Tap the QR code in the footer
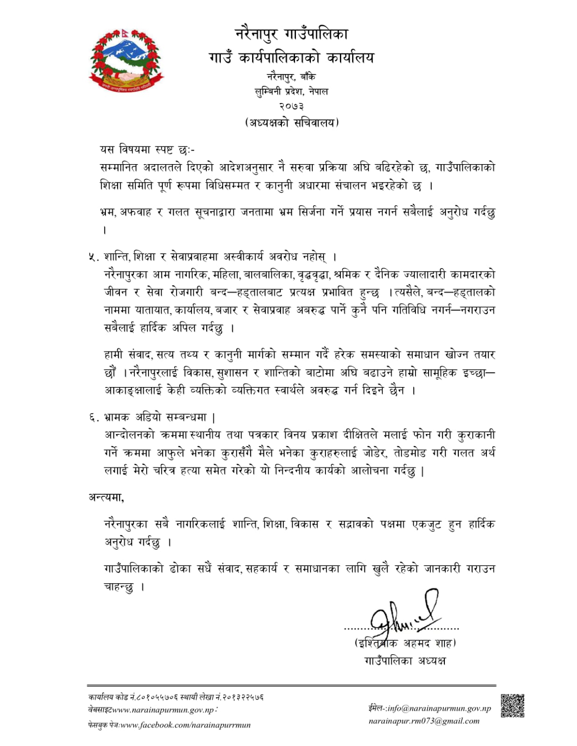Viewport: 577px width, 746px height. pyautogui.click(x=512, y=705)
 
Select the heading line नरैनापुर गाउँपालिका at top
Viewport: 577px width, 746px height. pyautogui.click(x=291, y=34)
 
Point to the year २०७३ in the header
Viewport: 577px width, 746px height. pyautogui.click(x=291, y=107)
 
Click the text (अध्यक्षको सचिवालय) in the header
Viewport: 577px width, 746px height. pyautogui.click(x=291, y=123)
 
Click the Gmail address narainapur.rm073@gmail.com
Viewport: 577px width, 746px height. pyautogui.click(x=424, y=721)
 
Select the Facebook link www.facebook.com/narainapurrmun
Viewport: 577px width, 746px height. pyautogui.click(x=185, y=725)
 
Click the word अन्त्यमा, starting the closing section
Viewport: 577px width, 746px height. pyautogui.click(x=106, y=497)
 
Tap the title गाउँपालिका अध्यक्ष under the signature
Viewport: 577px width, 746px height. pyautogui.click(x=405, y=660)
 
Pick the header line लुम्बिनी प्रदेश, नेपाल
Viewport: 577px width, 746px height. pyautogui.click(x=291, y=92)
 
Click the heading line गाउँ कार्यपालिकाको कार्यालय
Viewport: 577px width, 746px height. pyautogui.click(x=291, y=57)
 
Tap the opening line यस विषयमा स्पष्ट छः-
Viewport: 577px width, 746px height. pyautogui.click(x=148, y=150)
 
